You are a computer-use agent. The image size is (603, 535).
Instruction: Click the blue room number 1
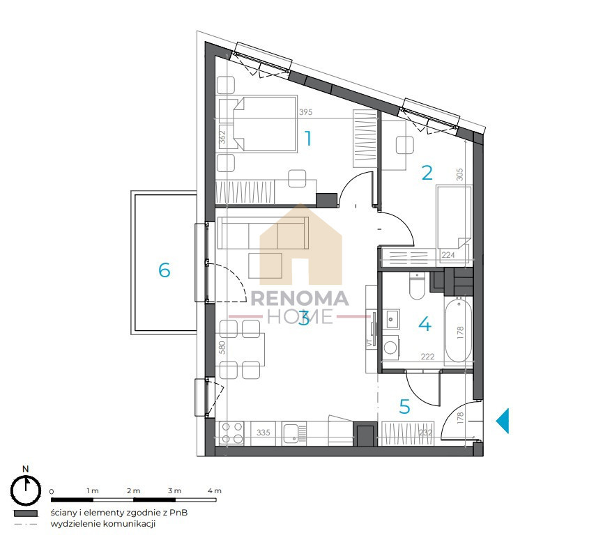pos(308,139)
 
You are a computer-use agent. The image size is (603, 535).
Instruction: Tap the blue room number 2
pos(427,173)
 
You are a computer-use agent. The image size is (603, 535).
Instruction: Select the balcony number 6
pos(165,270)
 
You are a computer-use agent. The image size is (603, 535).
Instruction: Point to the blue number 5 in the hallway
pos(404,407)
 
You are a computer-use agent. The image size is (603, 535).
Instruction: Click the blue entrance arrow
pos(503,421)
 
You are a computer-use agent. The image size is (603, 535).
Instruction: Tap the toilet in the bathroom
pos(416,286)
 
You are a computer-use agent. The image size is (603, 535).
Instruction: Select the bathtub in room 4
pos(459,329)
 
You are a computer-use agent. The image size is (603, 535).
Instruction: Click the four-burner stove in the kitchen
pos(231,433)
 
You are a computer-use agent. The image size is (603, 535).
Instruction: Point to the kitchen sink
pos(294,433)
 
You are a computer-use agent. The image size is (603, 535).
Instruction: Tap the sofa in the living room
pos(263,233)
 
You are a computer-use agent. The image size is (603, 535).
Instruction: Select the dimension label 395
pos(306,112)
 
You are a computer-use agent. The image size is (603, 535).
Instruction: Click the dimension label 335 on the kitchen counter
pos(263,433)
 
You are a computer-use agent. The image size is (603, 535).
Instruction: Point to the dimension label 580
pos(222,348)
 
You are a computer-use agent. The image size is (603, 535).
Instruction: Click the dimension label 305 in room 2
pos(459,174)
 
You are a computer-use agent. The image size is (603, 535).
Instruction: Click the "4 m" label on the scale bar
pos(215,491)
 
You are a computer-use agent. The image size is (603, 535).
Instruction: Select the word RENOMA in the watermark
pos(300,299)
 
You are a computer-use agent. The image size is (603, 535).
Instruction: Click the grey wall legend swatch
pos(26,513)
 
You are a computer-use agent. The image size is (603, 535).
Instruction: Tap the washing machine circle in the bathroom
pos(390,347)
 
